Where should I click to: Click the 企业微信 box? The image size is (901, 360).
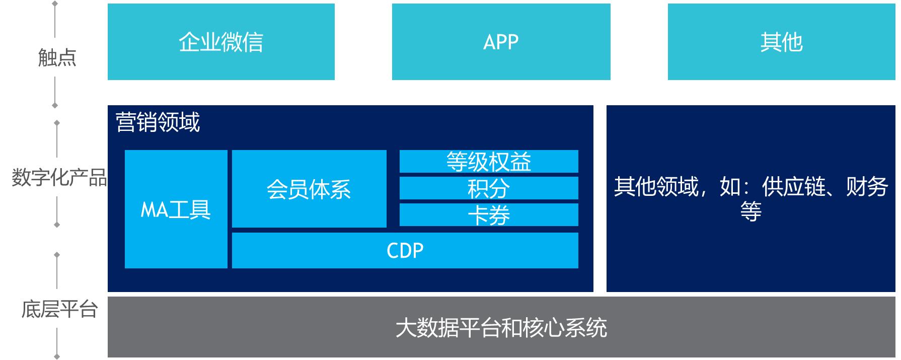tap(221, 42)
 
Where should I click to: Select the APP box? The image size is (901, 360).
tap(501, 42)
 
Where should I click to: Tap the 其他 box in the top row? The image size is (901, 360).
tap(781, 42)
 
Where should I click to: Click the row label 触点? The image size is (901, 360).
tap(57, 58)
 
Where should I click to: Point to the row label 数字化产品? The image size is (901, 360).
tap(59, 178)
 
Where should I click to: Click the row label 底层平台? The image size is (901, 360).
tap(59, 309)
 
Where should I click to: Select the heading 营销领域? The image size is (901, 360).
tap(158, 122)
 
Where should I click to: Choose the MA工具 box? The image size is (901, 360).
tap(176, 209)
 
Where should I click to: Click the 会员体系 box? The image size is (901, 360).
tap(309, 189)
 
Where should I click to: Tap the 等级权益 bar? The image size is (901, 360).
tap(488, 162)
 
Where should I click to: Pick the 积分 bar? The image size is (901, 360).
tap(488, 188)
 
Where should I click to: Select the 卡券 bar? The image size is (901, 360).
tap(488, 215)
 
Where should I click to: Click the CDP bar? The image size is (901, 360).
tap(405, 250)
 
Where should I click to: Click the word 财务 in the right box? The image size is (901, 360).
tap(867, 187)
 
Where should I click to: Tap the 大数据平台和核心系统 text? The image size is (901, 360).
tap(501, 328)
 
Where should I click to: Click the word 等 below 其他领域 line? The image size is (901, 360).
tap(750, 211)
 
